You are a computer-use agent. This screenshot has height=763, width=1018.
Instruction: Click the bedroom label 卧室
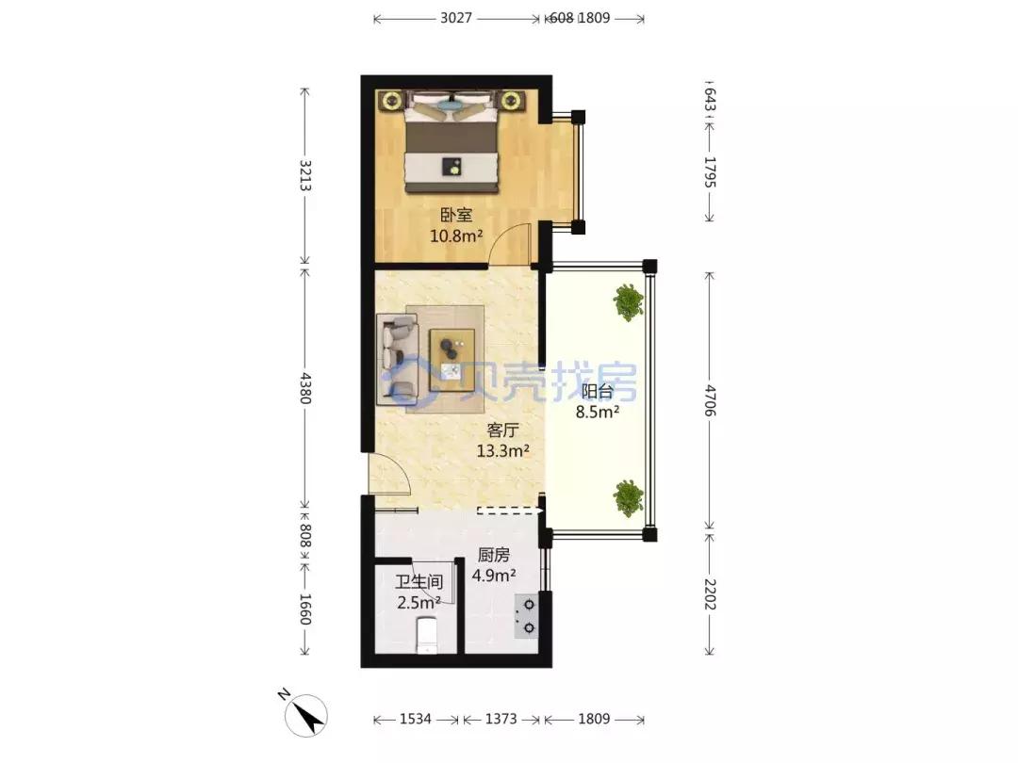pyautogui.click(x=456, y=215)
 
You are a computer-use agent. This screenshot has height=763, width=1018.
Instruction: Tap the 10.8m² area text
pyautogui.click(x=456, y=235)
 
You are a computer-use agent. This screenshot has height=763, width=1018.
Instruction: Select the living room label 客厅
pyautogui.click(x=502, y=430)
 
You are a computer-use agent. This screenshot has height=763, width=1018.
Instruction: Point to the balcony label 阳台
pyautogui.click(x=598, y=391)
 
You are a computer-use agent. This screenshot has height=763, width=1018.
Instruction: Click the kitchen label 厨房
pyautogui.click(x=493, y=555)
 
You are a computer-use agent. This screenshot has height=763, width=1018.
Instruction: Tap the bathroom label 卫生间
pyautogui.click(x=419, y=582)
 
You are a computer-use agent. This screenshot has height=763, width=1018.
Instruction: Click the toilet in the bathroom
pyautogui.click(x=427, y=635)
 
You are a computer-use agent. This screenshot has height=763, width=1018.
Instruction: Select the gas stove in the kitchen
pyautogui.click(x=527, y=616)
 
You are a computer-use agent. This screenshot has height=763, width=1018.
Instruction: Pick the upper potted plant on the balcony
pyautogui.click(x=629, y=301)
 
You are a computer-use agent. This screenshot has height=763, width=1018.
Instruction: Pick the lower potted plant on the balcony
pyautogui.click(x=629, y=498)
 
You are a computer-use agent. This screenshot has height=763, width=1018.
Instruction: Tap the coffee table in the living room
pyautogui.click(x=452, y=360)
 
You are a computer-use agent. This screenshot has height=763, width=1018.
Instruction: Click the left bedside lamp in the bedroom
pyautogui.click(x=391, y=101)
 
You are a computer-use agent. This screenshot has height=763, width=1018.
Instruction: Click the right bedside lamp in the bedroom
pyautogui.click(x=512, y=101)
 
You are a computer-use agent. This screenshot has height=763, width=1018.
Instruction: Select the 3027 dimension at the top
pyautogui.click(x=456, y=18)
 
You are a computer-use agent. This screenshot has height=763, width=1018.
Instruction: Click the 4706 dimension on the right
pyautogui.click(x=710, y=400)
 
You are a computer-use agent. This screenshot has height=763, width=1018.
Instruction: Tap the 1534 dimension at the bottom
pyautogui.click(x=416, y=719)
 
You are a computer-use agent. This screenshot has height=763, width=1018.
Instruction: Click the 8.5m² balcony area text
pyautogui.click(x=598, y=412)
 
